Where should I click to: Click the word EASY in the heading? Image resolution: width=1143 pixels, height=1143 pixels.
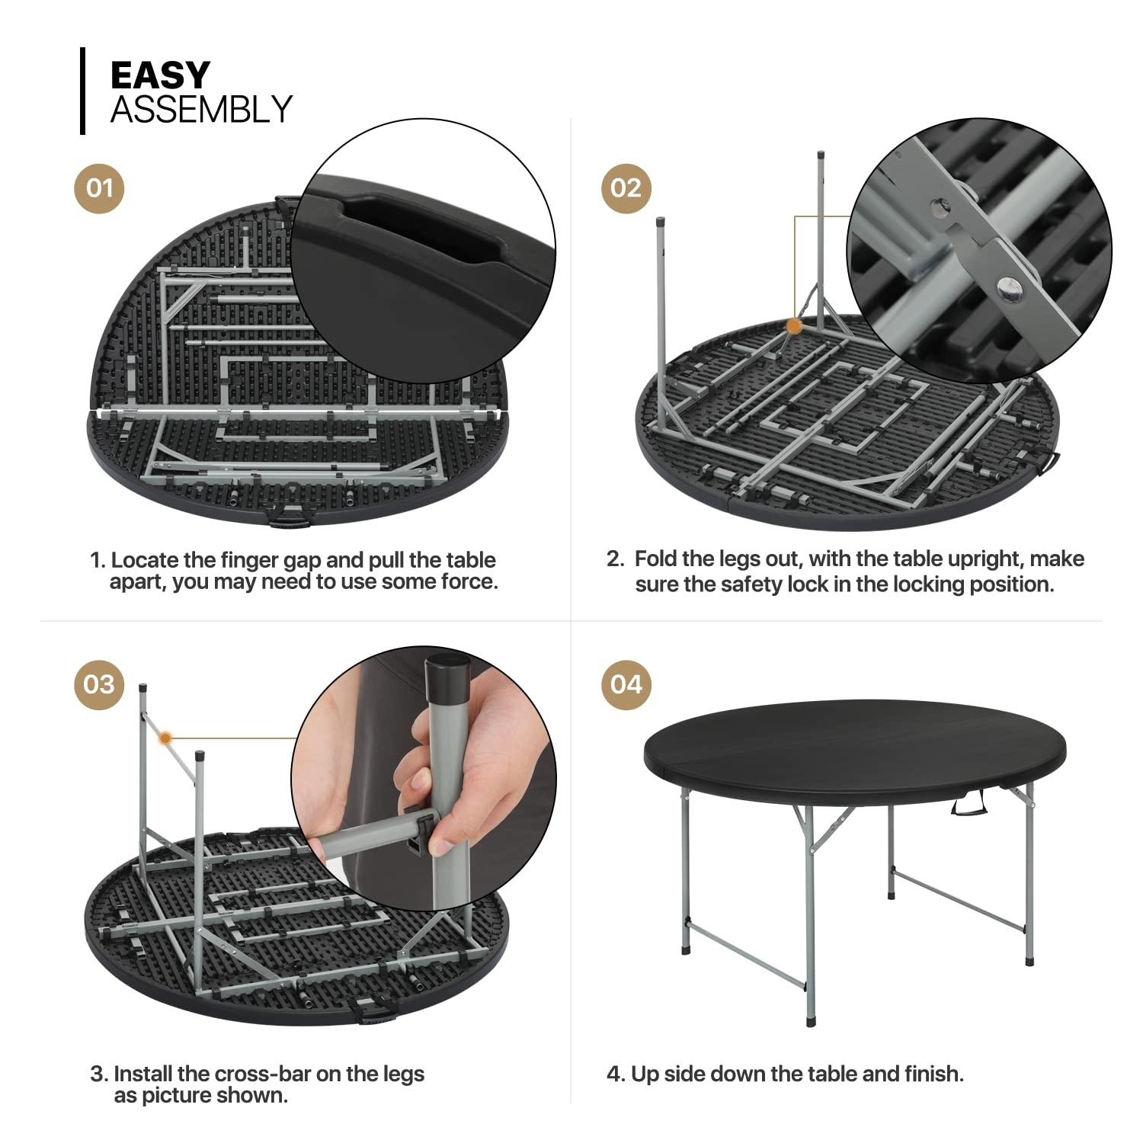pyautogui.click(x=160, y=75)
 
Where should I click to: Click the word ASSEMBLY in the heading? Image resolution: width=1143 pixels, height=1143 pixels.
pyautogui.click(x=201, y=110)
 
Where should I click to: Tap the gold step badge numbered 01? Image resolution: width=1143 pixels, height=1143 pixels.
pyautogui.click(x=99, y=187)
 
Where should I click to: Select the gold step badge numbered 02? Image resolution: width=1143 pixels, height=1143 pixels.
pyautogui.click(x=626, y=187)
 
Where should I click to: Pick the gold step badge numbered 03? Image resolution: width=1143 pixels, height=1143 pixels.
pyautogui.click(x=99, y=684)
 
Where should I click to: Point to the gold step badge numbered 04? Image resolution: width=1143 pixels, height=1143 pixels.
pyautogui.click(x=626, y=684)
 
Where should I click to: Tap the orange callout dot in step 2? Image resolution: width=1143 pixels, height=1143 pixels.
pyautogui.click(x=794, y=326)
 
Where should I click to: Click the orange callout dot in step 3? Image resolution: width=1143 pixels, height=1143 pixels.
pyautogui.click(x=165, y=737)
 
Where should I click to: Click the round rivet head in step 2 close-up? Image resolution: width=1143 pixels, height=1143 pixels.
pyautogui.click(x=1010, y=286)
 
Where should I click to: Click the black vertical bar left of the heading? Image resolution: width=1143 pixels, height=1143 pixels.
pyautogui.click(x=82, y=91)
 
